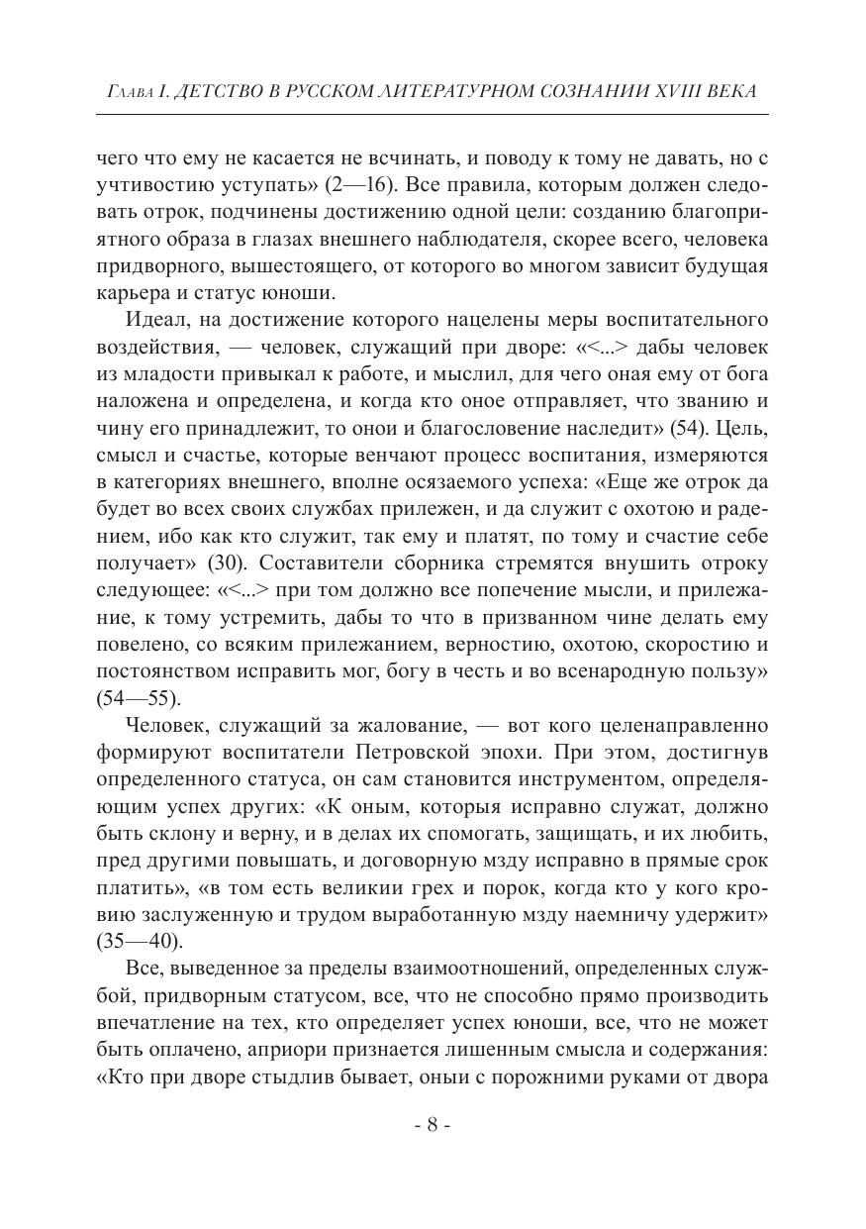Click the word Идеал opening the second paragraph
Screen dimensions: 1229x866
(x=156, y=321)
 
